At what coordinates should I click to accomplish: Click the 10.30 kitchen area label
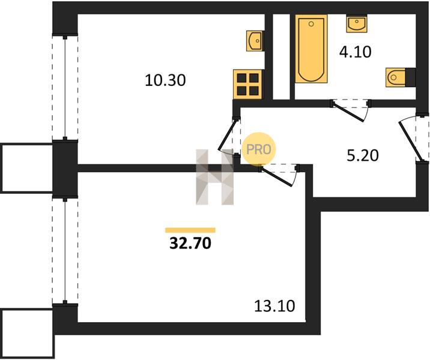coord(165,80)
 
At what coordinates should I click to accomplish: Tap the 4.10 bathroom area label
coord(355,52)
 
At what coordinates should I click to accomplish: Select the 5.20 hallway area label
coord(363,155)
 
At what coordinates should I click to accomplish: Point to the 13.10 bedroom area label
coord(274,306)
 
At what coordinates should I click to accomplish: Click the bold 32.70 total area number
coord(190,243)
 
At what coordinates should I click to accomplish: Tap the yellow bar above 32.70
coord(190,230)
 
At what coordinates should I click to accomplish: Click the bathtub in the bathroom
coord(311,49)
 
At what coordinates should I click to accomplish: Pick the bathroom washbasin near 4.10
coord(357,24)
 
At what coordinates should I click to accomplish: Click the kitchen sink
coord(255,41)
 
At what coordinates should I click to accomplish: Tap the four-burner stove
coord(248,84)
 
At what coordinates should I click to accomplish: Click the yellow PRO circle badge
coord(258,149)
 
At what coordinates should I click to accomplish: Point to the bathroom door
coord(348,112)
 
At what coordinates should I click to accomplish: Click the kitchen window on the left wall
coord(65,88)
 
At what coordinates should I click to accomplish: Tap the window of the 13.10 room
coord(65,251)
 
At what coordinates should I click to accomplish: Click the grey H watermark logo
coord(215,177)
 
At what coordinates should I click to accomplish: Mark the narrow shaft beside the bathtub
coord(282,57)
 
